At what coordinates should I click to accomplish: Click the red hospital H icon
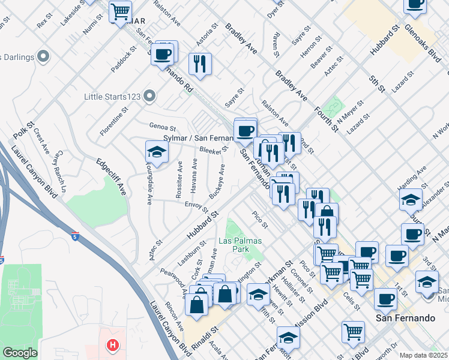(x=112, y=345)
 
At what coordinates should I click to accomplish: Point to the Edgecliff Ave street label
(x=111, y=176)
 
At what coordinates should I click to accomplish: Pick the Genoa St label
(x=163, y=128)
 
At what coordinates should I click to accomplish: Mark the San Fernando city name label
(x=400, y=317)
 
